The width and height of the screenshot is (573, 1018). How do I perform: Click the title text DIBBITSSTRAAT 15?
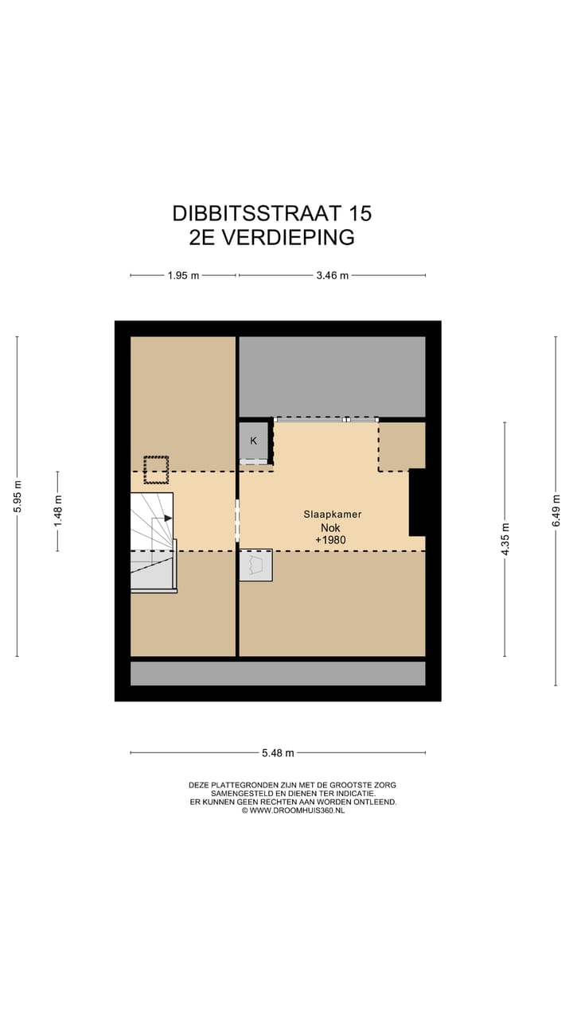271,213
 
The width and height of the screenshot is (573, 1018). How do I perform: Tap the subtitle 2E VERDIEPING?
271,237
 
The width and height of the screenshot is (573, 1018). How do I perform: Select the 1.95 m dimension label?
183,276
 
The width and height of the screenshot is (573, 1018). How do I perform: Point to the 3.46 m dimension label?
332,276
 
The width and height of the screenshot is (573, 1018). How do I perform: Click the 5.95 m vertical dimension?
18,496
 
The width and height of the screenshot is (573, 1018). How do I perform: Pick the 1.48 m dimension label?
57,511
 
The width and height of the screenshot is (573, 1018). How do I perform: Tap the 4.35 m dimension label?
505,539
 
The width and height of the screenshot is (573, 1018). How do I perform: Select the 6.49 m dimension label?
555,510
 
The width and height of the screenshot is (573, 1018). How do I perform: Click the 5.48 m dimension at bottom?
278,753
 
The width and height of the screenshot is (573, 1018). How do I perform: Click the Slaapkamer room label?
332,515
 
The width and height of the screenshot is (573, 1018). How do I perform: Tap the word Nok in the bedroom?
329,527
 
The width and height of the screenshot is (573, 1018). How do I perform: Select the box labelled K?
254,441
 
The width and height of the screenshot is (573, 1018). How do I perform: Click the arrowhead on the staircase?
168,518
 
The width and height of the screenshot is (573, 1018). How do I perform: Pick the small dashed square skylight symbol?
156,469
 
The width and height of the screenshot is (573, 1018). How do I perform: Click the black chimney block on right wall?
417,502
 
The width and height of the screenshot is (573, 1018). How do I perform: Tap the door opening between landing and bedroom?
237,521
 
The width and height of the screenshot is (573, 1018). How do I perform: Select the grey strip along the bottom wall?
278,674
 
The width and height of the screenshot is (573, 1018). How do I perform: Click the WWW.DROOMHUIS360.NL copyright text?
292,810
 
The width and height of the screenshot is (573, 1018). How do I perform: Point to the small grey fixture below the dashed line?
255,565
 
